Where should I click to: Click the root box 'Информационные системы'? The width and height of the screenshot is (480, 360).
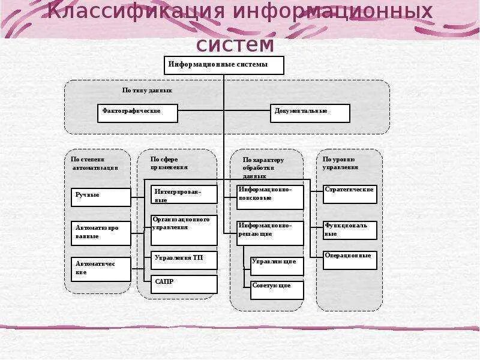click(224, 65)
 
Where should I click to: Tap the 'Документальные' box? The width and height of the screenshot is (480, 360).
click(310, 113)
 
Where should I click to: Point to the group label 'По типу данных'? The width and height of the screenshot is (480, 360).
click(147, 91)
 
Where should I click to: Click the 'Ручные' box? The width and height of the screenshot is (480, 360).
click(101, 197)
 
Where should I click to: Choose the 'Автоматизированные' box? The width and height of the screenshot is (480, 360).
click(101, 233)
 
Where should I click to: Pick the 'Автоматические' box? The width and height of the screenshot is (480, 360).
click(101, 269)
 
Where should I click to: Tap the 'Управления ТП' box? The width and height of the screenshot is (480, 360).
click(184, 260)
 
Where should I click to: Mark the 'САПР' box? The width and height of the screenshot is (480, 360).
click(184, 284)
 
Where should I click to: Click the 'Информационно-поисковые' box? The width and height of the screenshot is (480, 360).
click(270, 197)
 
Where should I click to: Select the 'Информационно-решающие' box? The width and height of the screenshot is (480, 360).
click(270, 233)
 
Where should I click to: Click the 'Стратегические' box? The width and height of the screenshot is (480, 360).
click(350, 194)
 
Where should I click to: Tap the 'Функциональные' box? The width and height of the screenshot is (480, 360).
click(350, 230)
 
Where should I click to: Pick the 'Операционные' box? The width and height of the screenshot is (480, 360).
click(350, 260)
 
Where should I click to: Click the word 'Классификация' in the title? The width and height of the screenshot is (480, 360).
click(137, 12)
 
